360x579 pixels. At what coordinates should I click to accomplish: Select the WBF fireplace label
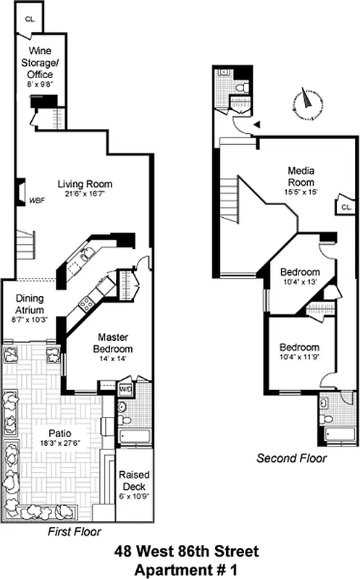coord(37,200)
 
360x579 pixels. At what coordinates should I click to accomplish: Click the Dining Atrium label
coord(30,303)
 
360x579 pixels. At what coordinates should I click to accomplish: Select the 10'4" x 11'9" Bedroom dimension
coord(299,357)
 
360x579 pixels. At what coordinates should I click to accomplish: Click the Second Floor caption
coord(292,458)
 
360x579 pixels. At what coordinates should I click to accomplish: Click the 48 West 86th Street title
coord(186,552)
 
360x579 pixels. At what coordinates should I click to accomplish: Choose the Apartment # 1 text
coord(186,569)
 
